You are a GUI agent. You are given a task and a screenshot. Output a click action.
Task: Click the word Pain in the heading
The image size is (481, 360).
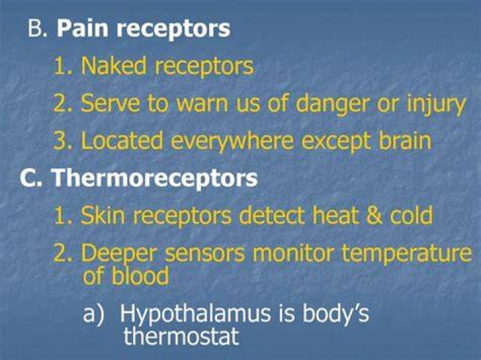point(82,29)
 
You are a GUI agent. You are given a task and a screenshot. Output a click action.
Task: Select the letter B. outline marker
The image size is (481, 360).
point(37,29)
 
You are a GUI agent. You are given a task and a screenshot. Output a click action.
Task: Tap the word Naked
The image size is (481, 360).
point(114,66)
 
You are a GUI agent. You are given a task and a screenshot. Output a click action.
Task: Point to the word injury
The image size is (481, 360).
point(436,105)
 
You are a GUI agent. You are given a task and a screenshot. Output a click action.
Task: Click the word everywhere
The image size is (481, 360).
point(232,142)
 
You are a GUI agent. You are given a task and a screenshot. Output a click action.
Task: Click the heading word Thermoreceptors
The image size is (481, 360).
point(154,179)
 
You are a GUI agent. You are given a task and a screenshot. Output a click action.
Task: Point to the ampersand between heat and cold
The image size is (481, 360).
point(374,215)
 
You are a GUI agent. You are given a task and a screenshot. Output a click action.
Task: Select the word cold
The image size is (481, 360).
point(411,215)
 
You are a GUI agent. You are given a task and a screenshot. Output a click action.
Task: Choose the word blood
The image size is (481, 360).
point(140,276)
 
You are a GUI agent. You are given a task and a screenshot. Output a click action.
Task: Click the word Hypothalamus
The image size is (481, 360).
point(195,315)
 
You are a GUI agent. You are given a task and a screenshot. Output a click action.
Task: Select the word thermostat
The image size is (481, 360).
point(181,337)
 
